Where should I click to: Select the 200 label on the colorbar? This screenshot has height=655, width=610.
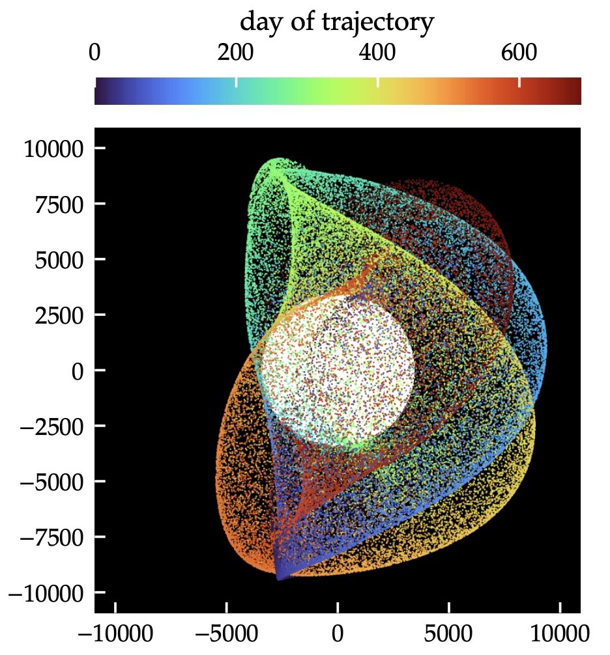tap(236, 53)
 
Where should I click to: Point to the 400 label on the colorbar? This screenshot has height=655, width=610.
tap(378, 53)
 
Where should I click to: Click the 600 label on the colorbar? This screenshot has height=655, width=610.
tap(519, 53)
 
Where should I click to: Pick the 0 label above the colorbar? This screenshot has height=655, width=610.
tap(94, 53)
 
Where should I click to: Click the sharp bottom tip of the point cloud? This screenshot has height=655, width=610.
tap(280, 578)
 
